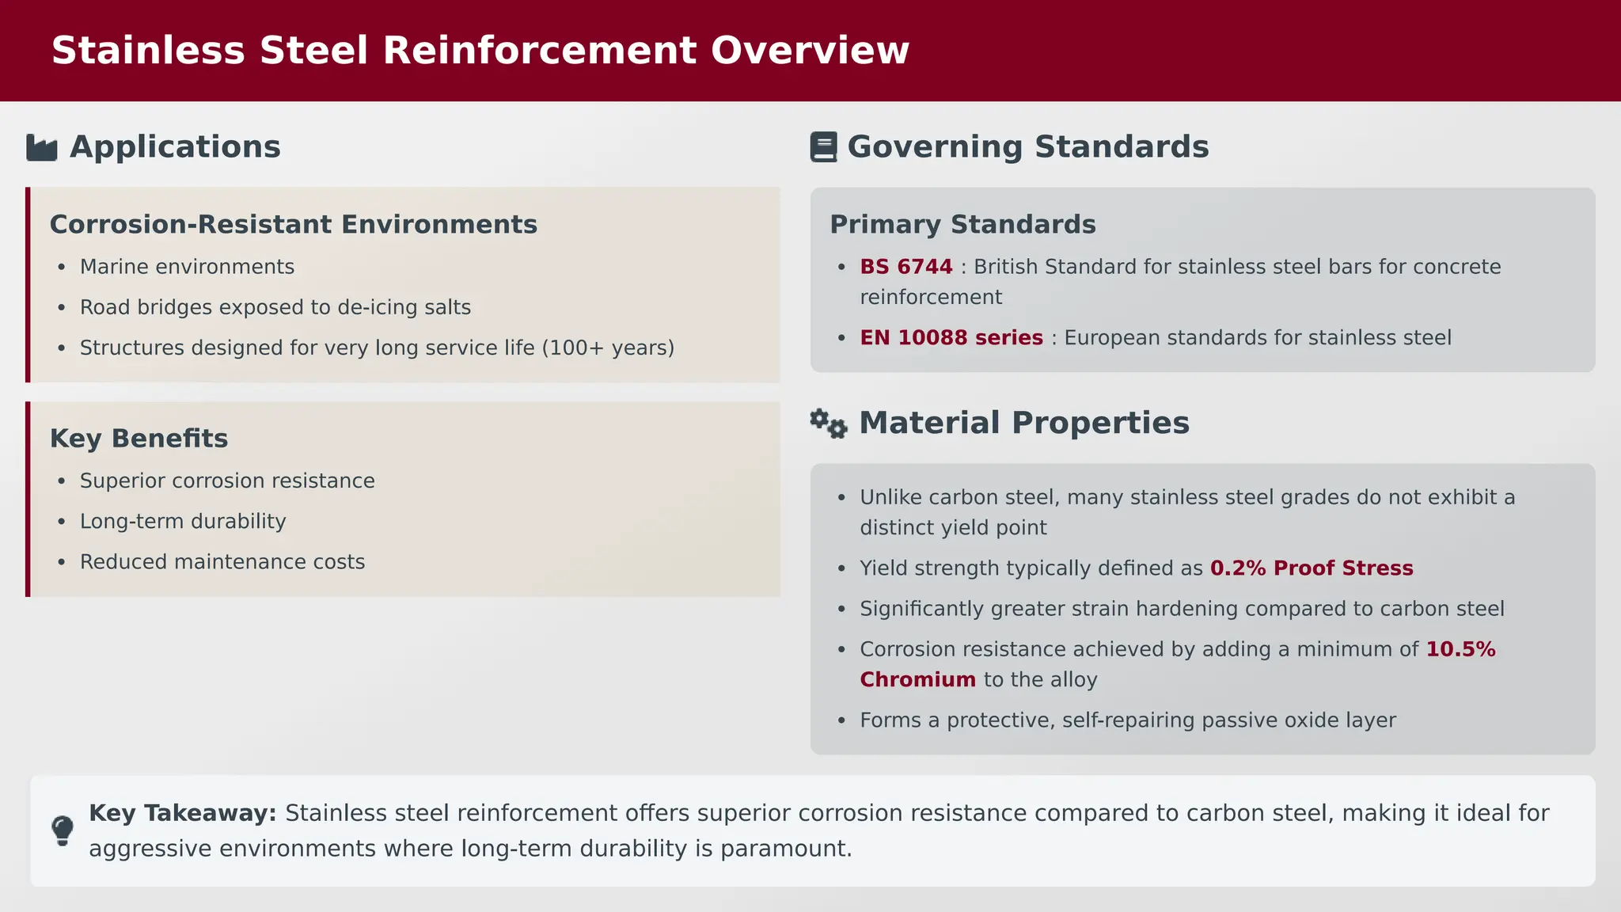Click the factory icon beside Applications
pos(42,147)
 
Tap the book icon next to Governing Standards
pos(823,147)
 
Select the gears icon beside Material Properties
pos(829,424)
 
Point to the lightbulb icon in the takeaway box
pos(63,831)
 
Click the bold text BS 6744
pos(906,267)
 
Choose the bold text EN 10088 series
pos(951,338)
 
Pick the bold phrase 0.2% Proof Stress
pos(1312,568)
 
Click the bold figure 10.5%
pos(1460,649)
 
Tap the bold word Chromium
pos(917,680)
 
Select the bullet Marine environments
pos(187,267)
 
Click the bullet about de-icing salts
pos(275,307)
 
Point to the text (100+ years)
pos(608,348)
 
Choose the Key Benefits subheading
pos(139,439)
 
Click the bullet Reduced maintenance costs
pos(222,562)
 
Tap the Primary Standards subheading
pos(962,225)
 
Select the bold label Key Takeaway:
pos(183,813)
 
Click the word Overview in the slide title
pos(810,51)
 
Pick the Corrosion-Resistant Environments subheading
pos(294,225)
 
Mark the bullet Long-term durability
pos(183,522)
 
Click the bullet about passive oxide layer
pos(1128,720)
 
